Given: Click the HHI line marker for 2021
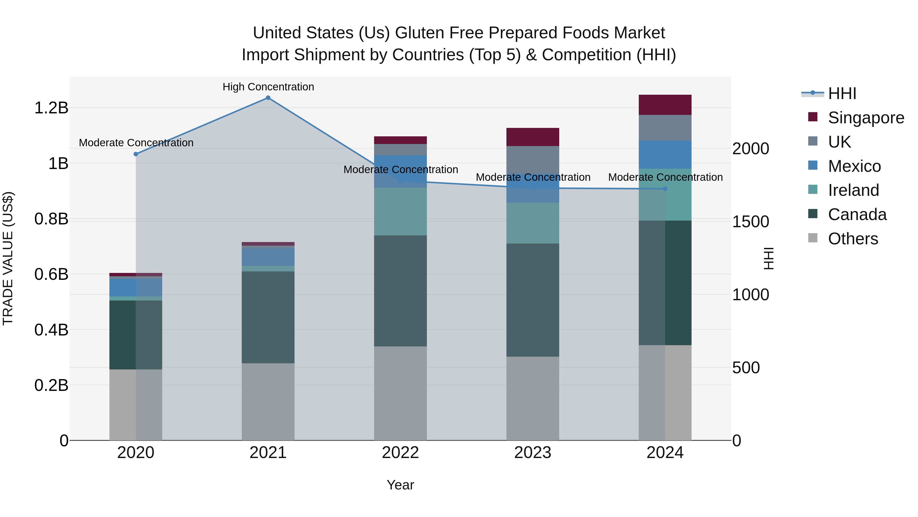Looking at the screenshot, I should pos(268,98).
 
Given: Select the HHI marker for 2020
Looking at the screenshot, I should pos(136,154).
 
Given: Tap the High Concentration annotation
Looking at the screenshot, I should pos(268,87).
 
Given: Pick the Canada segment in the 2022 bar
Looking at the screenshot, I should pos(400,291).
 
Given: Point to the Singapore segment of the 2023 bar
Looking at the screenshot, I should pos(532,137).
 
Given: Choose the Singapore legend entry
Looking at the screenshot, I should pos(866,118).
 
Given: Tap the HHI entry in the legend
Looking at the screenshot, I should pos(842,93).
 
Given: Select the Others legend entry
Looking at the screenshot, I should pos(852,239).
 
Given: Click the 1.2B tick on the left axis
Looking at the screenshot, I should pos(51,108).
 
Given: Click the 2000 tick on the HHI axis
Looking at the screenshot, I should pos(750,149).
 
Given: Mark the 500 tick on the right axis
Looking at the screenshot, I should pos(746,367).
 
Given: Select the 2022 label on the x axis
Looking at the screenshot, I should pos(400,453).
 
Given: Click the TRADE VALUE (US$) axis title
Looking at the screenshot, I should pos(8,258).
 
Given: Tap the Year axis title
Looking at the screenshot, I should pos(400,485).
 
